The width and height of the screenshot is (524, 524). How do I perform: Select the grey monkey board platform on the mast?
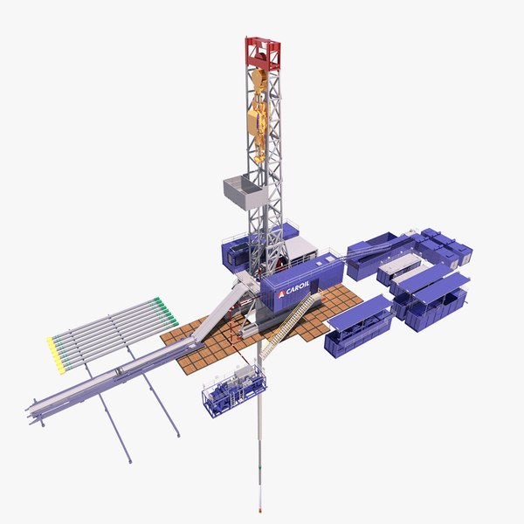coord(244,190)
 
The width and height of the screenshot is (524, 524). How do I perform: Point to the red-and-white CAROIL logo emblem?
coord(281,296)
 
